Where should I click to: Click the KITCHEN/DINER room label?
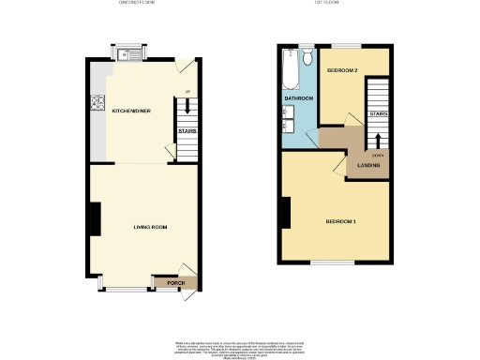pos(131,111)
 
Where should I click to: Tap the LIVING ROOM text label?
pos(149,227)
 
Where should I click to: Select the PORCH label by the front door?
pos(175,282)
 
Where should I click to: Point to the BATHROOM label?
pos(299,97)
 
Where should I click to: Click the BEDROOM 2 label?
pos(341,72)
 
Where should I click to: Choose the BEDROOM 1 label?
pos(340,221)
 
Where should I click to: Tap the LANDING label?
pos(367,166)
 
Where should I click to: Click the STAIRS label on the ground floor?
pos(187,131)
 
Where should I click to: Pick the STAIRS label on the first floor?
pos(378,113)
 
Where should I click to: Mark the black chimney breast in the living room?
pos(94,220)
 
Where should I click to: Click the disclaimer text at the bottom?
pos(239,346)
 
